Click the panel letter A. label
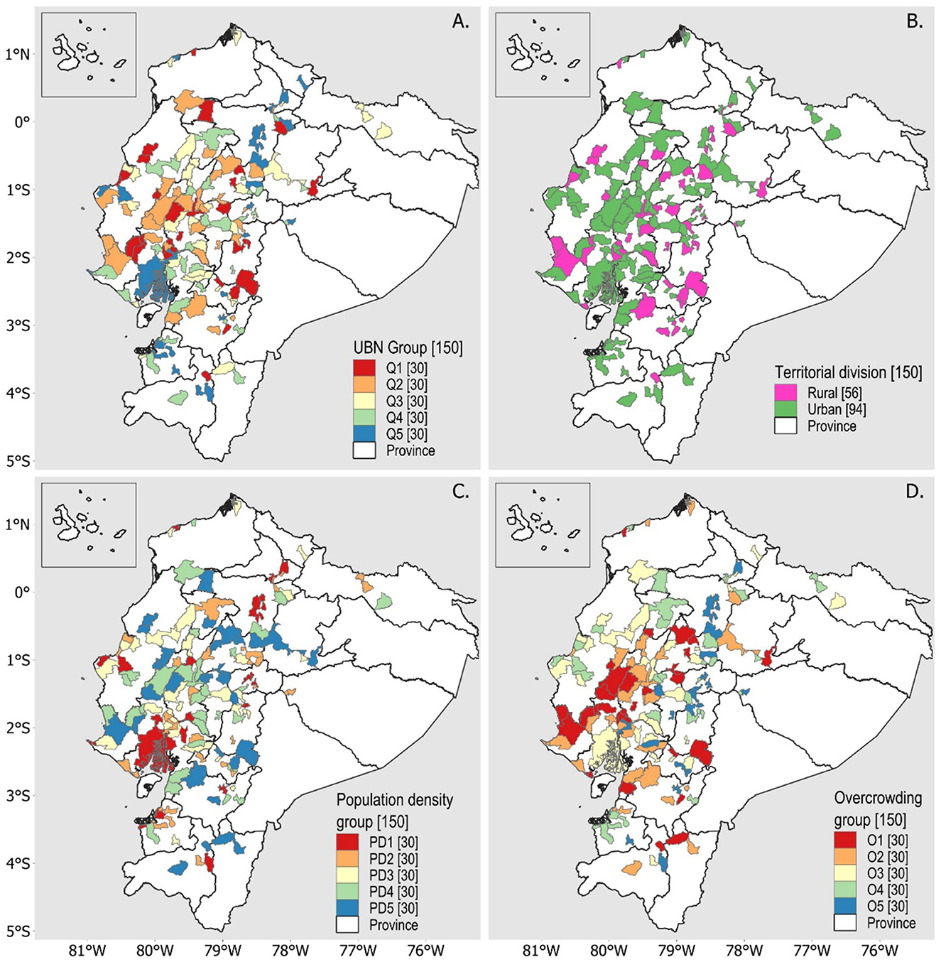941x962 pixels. point(460,22)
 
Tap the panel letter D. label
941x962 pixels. point(915,492)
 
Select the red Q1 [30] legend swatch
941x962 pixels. point(364,368)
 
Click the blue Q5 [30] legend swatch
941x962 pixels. point(364,434)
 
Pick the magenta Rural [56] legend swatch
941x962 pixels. point(785,393)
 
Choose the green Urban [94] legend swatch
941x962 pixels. point(785,409)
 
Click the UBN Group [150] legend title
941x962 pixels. point(408,348)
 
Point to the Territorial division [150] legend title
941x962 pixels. point(848,372)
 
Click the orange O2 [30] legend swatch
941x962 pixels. point(844,857)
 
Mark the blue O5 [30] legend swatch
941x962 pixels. point(844,907)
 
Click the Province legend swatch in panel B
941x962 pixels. point(785,426)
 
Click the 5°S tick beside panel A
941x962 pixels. point(18,461)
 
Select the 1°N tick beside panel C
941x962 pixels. point(18,524)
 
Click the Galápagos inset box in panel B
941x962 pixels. point(542,54)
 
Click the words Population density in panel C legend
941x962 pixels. point(394,800)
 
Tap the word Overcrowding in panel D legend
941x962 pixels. point(878,798)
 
